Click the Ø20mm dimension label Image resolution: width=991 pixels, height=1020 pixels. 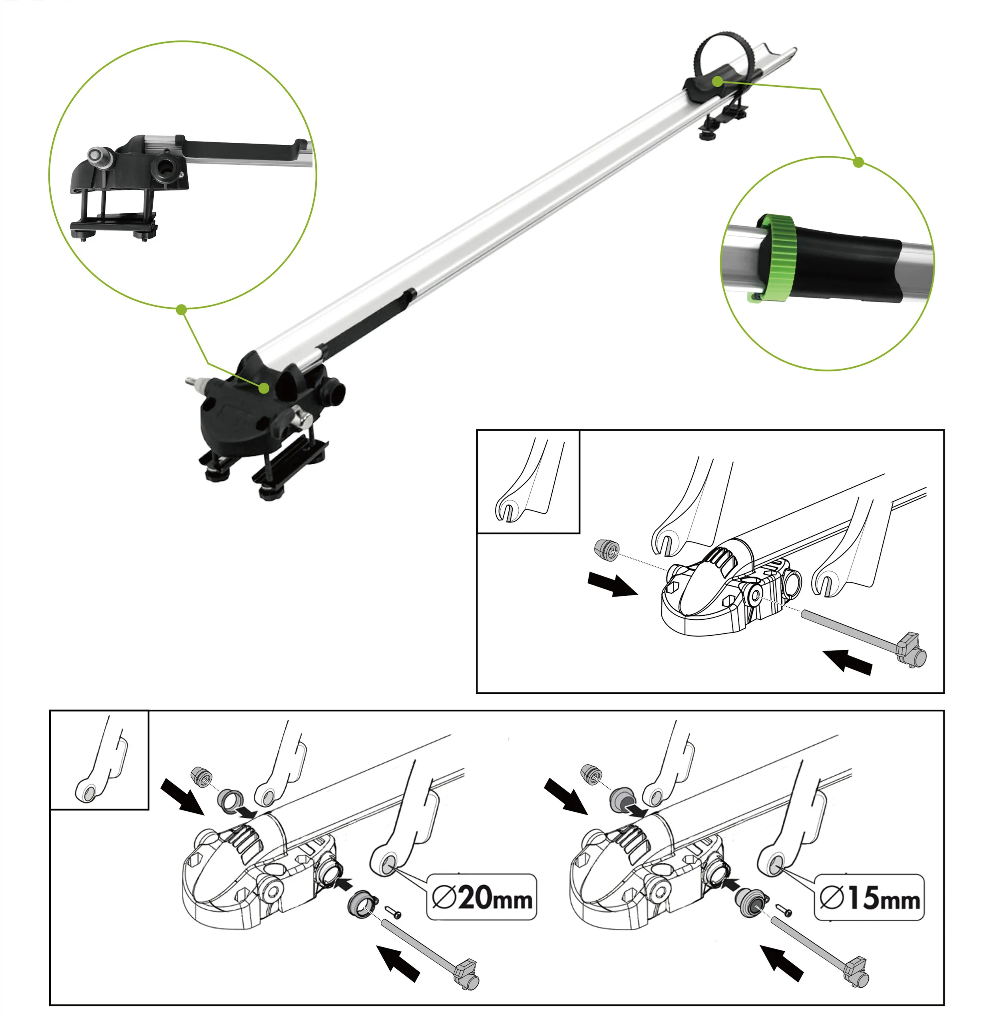tap(482, 897)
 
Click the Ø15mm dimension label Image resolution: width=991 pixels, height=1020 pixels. tap(869, 898)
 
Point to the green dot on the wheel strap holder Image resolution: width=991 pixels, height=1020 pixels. tap(718, 82)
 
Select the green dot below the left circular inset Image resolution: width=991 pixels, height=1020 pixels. tap(181, 310)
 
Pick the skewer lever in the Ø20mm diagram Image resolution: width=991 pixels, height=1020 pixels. tap(466, 973)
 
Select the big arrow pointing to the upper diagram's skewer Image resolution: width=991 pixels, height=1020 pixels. tap(848, 661)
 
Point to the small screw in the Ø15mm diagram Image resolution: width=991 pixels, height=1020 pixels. tap(784, 910)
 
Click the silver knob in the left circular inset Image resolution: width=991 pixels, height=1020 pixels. tap(97, 155)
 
